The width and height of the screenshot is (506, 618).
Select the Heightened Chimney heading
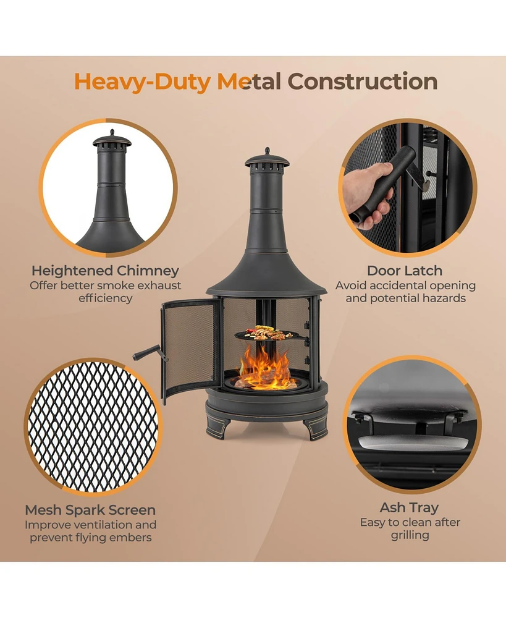pyautogui.click(x=105, y=271)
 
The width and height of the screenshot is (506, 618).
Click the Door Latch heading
pyautogui.click(x=405, y=271)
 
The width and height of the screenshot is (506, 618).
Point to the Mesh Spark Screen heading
pyautogui.click(x=90, y=510)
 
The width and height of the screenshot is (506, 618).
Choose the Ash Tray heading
pyautogui.click(x=410, y=507)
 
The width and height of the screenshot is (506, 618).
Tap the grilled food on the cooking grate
pyautogui.click(x=266, y=332)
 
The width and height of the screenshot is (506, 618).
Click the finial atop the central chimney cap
pyautogui.click(x=267, y=151)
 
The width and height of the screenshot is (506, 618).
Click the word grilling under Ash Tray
pyautogui.click(x=410, y=536)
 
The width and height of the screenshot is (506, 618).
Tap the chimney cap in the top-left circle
pyautogui.click(x=112, y=140)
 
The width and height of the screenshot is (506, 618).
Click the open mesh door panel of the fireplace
pyautogui.click(x=189, y=349)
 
